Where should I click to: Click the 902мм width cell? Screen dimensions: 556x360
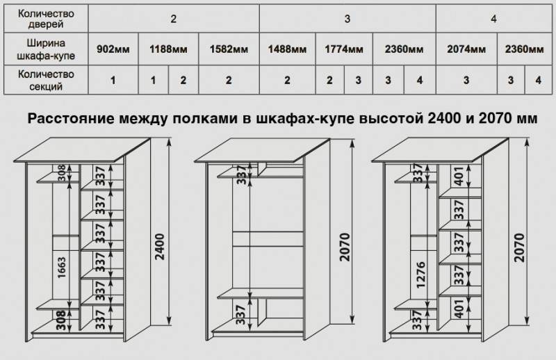coord(113,49)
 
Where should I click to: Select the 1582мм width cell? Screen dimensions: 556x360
coord(229,49)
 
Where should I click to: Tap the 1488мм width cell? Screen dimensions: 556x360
coord(287,49)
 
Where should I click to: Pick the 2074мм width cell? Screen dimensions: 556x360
coord(466,49)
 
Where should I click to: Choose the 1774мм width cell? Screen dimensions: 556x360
coord(344,49)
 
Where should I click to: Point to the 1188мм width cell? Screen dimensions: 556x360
coord(168,49)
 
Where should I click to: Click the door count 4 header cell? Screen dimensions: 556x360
coord(494,19)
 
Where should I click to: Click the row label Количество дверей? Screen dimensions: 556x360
coord(46,19)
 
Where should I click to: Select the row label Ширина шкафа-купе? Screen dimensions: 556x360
coord(46,49)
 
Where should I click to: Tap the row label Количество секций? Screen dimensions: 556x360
coord(46,80)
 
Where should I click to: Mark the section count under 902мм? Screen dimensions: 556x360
coord(113,80)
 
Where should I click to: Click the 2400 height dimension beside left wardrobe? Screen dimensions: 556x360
coord(160,247)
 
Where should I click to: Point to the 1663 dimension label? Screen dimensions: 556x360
coord(62,268)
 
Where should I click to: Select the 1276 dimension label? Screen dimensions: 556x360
coord(420,275)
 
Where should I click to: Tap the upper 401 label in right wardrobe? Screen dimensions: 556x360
coord(459,176)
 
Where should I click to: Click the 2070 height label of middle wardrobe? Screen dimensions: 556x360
coord(344,247)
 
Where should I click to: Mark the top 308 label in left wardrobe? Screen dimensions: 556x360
coord(62,173)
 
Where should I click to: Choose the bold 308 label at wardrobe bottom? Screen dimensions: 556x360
coord(61,320)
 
